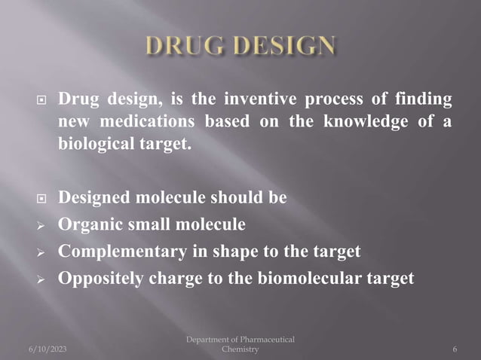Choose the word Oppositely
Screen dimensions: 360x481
(103, 278)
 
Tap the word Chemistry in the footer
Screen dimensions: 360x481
(240, 349)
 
